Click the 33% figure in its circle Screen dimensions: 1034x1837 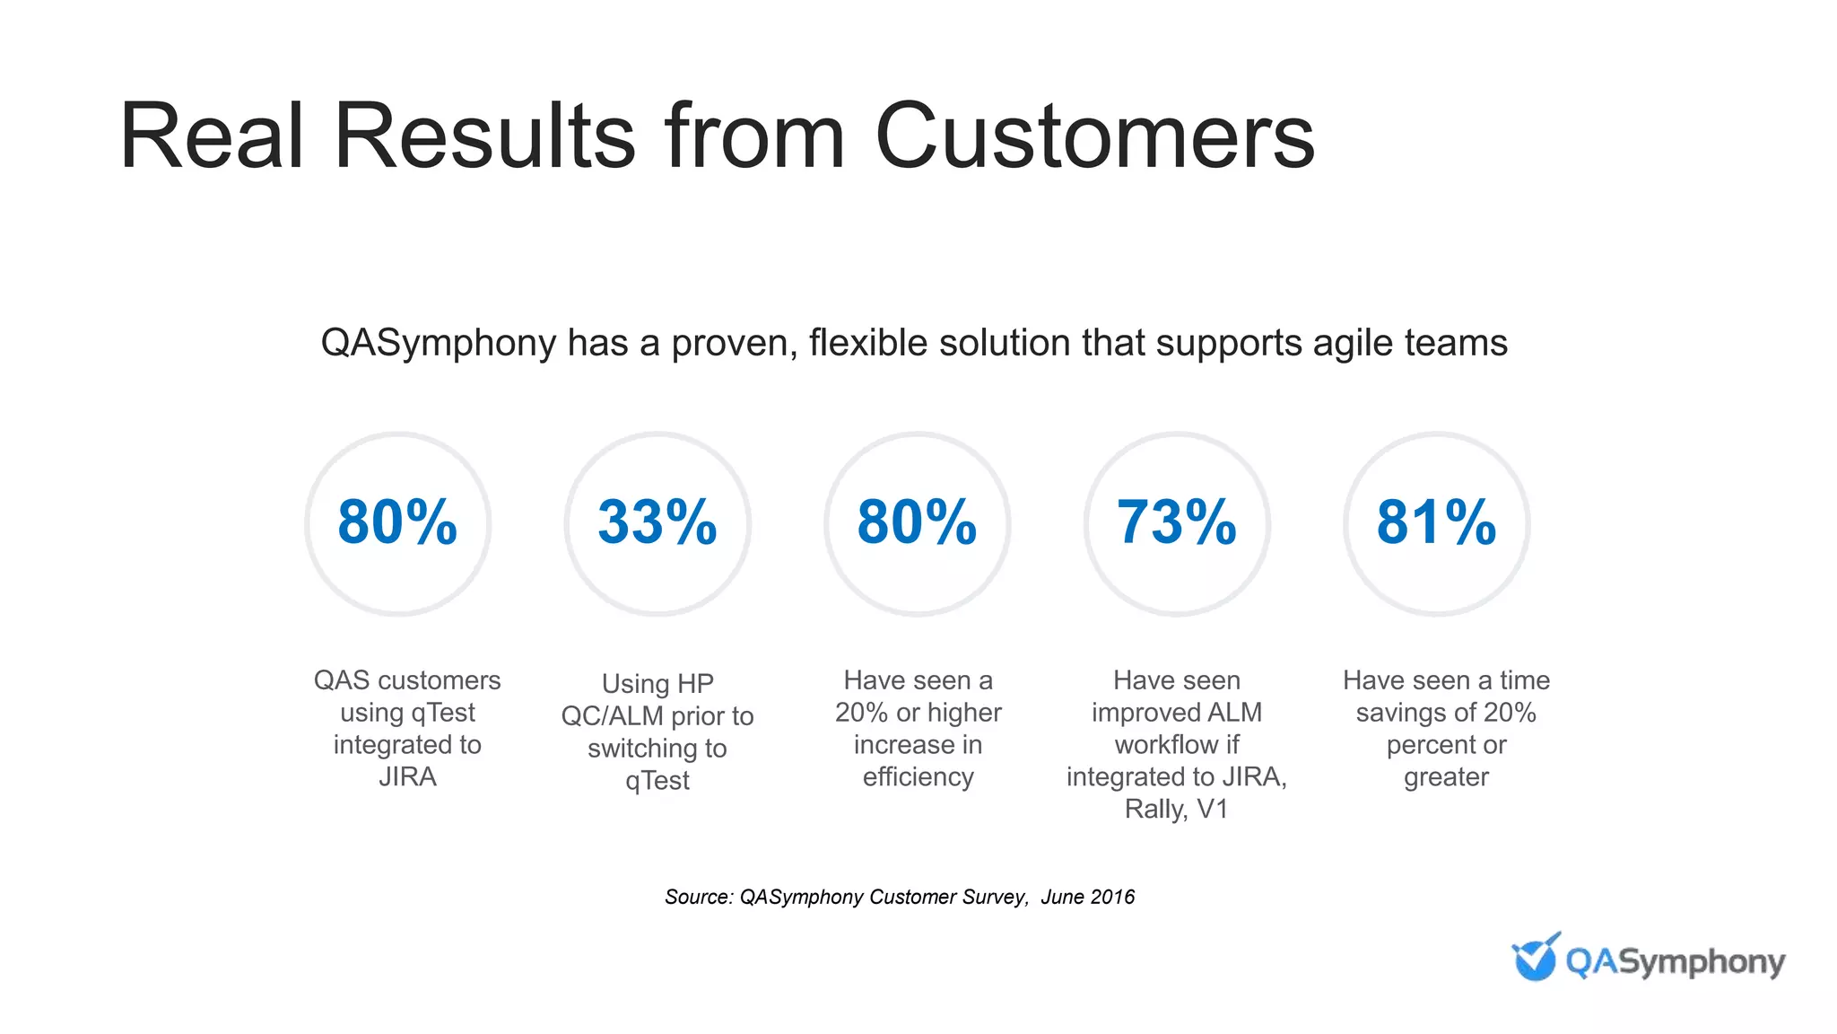[657, 522]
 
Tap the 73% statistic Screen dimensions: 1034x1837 [1177, 522]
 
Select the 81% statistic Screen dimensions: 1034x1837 [1437, 522]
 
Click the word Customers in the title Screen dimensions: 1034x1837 [1094, 136]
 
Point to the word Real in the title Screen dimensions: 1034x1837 [212, 136]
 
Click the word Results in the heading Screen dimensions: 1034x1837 [484, 136]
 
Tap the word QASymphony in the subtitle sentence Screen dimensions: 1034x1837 [439, 344]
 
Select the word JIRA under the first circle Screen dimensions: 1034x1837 [407, 776]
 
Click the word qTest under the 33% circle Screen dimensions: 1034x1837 [657, 780]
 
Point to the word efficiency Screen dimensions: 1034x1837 [918, 776]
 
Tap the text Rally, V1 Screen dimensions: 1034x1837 [1176, 809]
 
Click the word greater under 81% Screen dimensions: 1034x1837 [1446, 776]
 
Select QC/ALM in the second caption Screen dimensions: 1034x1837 [612, 716]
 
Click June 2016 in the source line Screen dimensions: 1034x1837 [1087, 897]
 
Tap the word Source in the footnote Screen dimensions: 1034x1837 [699, 897]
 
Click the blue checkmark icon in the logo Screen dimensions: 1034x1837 [1535, 958]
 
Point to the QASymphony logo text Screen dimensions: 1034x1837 [1675, 962]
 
